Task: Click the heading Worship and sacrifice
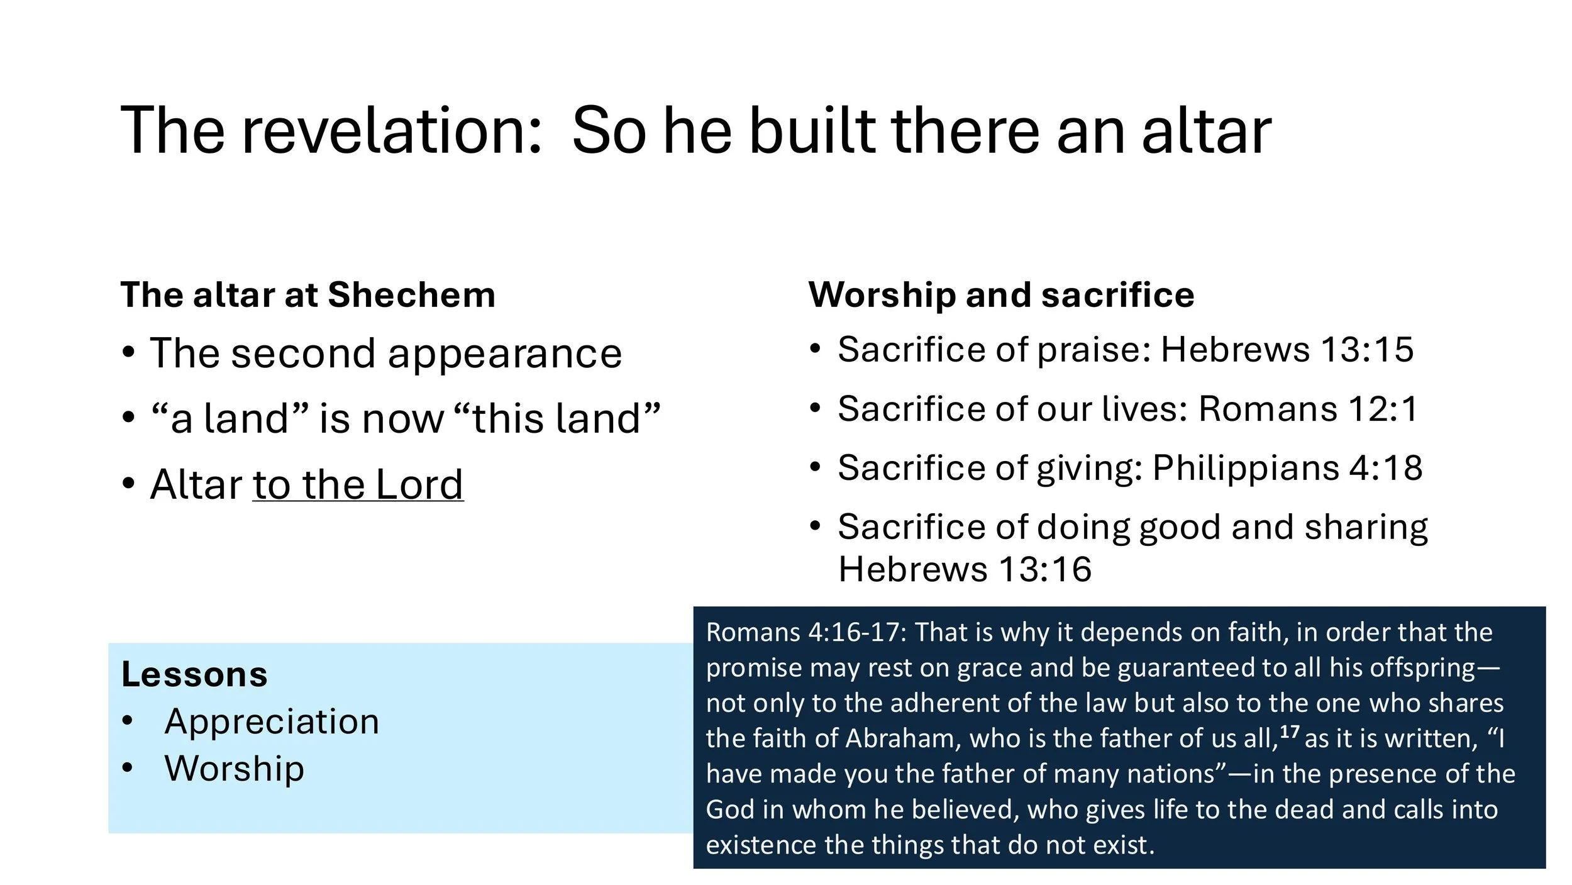pyautogui.click(x=1001, y=295)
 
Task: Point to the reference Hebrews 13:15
pyautogui.click(x=1287, y=350)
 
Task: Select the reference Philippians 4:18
pyautogui.click(x=1287, y=468)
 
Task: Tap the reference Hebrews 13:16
pyautogui.click(x=965, y=570)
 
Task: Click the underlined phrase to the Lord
pyautogui.click(x=358, y=485)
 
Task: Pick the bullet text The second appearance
pyautogui.click(x=385, y=353)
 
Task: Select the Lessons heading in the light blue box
pyautogui.click(x=194, y=674)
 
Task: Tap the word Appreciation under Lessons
pyautogui.click(x=272, y=721)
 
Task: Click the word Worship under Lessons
pyautogui.click(x=235, y=769)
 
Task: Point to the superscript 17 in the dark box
pyautogui.click(x=1289, y=732)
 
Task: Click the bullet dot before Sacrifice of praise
pyautogui.click(x=816, y=348)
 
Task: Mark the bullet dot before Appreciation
pyautogui.click(x=128, y=721)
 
